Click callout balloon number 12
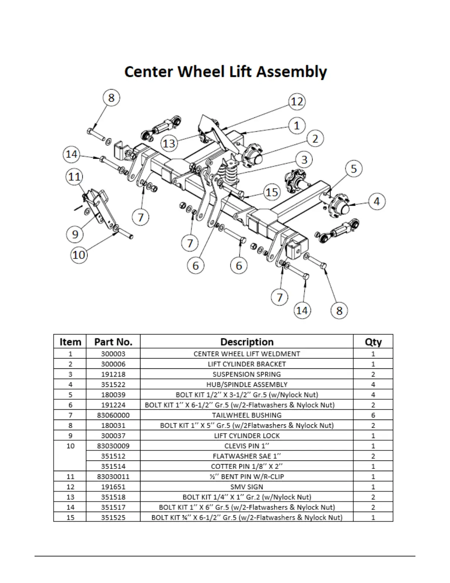pyautogui.click(x=297, y=102)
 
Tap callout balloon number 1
pyautogui.click(x=297, y=126)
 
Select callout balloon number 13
pyautogui.click(x=169, y=143)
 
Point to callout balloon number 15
pyautogui.click(x=272, y=192)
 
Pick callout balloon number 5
pyautogui.click(x=354, y=169)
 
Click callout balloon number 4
pyautogui.click(x=376, y=202)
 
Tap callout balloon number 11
pyautogui.click(x=74, y=177)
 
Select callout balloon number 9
pyautogui.click(x=75, y=234)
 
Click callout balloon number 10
pyautogui.click(x=79, y=255)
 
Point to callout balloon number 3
pyautogui.click(x=304, y=160)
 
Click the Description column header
pyautogui.click(x=247, y=342)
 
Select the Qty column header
pyautogui.click(x=373, y=342)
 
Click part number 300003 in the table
pyautogui.click(x=113, y=354)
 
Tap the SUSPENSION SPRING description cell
pyautogui.click(x=247, y=374)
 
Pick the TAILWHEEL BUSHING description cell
pyautogui.click(x=247, y=415)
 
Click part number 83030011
pyautogui.click(x=113, y=477)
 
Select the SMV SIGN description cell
pyautogui.click(x=247, y=487)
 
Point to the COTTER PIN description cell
pyautogui.click(x=247, y=466)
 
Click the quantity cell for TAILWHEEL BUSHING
pyautogui.click(x=373, y=415)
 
